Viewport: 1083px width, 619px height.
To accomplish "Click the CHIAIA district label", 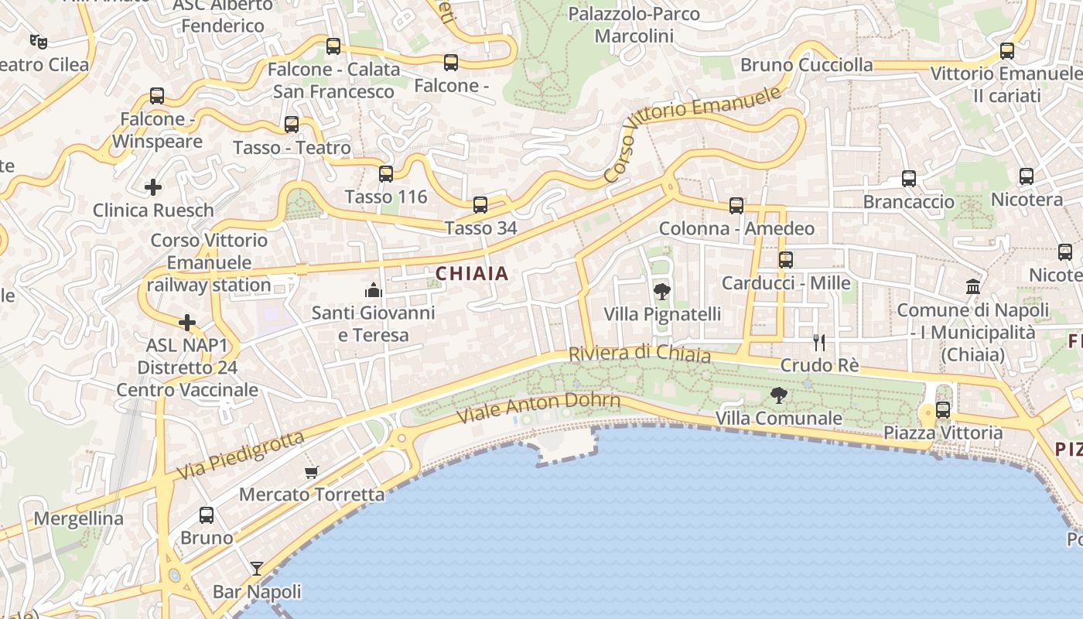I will click(x=472, y=273).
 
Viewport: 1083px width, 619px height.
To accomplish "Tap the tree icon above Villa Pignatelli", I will click(x=662, y=292).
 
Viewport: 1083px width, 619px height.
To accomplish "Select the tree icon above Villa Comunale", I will click(x=779, y=395).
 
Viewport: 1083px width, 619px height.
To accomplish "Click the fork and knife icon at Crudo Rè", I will click(x=819, y=342).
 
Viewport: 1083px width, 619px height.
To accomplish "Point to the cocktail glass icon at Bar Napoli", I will click(x=257, y=569).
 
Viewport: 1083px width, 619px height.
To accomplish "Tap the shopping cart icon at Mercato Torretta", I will click(x=312, y=472).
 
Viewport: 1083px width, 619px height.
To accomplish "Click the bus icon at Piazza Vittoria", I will click(x=943, y=410).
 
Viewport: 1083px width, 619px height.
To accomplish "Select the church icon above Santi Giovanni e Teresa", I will click(x=374, y=290).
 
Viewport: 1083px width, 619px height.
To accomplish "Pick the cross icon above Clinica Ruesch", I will click(x=153, y=186).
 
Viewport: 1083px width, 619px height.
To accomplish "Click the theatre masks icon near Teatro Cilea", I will click(x=38, y=41).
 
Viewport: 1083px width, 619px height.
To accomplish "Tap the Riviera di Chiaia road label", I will click(x=639, y=354).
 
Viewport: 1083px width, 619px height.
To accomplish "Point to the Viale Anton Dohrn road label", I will click(x=538, y=408).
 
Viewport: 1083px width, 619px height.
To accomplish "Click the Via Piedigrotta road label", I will click(x=241, y=455).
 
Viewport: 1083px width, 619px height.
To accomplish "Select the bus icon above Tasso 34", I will click(x=480, y=205).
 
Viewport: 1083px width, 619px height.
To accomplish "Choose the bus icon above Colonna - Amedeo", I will click(x=736, y=206).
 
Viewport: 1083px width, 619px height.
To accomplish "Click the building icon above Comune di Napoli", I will click(x=973, y=287).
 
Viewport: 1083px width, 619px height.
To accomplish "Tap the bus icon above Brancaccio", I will click(x=909, y=179).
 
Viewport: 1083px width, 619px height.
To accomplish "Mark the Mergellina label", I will click(x=79, y=518).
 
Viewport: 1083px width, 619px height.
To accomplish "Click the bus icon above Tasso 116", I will click(x=386, y=174).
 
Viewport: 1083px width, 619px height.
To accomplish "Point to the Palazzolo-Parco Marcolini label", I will click(x=634, y=25).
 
